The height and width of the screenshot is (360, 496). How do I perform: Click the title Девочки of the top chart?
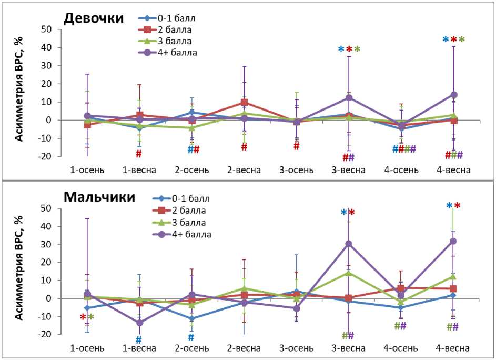[94, 18]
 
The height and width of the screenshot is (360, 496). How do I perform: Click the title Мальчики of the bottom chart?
[99, 197]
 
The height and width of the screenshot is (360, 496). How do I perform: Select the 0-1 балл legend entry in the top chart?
[174, 17]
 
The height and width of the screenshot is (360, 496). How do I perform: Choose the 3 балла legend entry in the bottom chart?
[189, 222]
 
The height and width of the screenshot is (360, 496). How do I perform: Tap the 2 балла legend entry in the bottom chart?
[189, 211]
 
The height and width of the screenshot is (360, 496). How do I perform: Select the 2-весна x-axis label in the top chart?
[244, 170]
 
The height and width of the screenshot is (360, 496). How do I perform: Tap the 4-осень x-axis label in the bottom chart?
[401, 348]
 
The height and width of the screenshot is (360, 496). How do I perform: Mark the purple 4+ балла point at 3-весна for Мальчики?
[349, 244]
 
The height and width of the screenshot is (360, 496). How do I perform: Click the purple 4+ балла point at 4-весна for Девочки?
[453, 95]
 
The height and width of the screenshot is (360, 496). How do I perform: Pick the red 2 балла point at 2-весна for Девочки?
[245, 102]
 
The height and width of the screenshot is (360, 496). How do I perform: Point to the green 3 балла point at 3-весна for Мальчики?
[349, 273]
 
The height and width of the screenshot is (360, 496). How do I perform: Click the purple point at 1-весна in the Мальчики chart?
[139, 323]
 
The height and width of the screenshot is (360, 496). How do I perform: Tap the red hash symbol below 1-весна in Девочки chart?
[139, 154]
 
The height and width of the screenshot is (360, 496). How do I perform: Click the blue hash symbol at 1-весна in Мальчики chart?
[139, 340]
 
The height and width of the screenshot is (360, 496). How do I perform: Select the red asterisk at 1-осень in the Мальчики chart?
[83, 317]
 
